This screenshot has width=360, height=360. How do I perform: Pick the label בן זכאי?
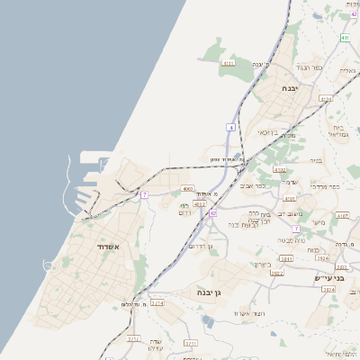[267, 132]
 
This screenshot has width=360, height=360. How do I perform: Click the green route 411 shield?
[345, 38]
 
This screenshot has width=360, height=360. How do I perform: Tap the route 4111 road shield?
[228, 64]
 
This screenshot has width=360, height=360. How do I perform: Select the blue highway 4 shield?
[230, 128]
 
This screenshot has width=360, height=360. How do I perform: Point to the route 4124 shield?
[326, 99]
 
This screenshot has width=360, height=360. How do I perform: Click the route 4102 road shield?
[280, 168]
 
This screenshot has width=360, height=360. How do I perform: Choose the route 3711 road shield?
[190, 343]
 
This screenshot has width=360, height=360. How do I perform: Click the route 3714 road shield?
[157, 303]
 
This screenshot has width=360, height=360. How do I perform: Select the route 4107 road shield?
[342, 216]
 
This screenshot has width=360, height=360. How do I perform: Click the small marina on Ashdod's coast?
[47, 263]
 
